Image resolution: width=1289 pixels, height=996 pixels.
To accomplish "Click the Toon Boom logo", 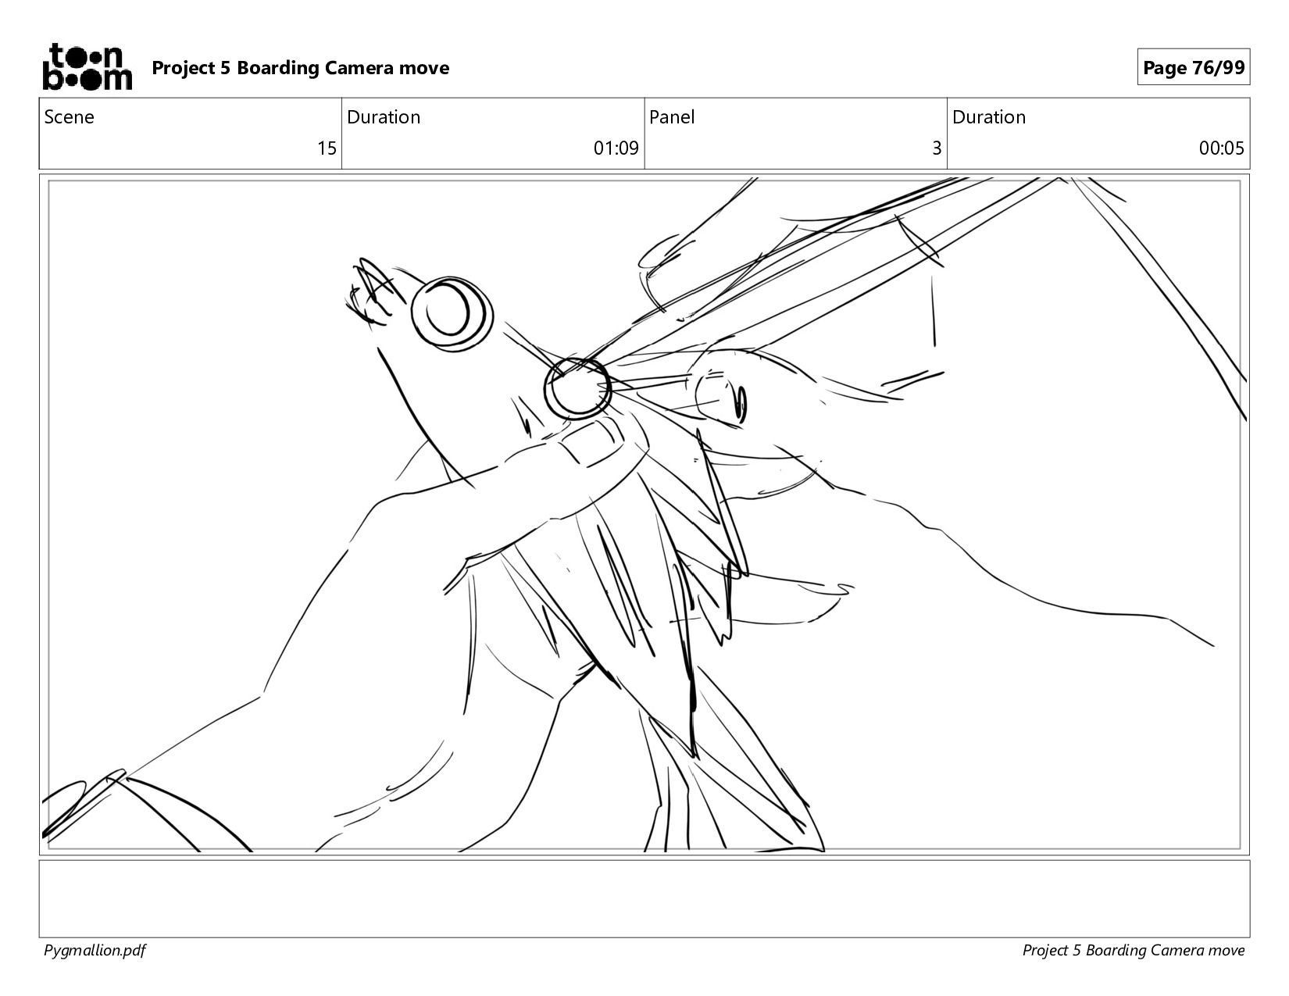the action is click(x=87, y=66).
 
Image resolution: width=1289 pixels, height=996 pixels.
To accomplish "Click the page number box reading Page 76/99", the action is click(x=1194, y=67).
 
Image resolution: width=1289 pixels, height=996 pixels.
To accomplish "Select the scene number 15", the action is click(x=327, y=148).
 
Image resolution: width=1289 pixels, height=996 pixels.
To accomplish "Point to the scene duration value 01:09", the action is click(x=616, y=148).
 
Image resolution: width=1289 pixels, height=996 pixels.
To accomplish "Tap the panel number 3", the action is click(x=937, y=148).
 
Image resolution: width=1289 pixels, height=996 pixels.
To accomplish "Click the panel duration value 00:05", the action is click(x=1221, y=148).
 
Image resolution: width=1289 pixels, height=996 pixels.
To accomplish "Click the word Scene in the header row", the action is click(x=69, y=117).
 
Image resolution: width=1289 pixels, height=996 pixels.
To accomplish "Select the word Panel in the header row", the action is click(x=672, y=117).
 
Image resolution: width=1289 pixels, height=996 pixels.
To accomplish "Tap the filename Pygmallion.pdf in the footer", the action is click(x=95, y=951).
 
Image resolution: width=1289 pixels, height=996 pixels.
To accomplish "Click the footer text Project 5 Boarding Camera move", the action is click(x=1133, y=951).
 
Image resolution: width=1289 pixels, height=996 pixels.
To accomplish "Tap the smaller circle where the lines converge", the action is click(x=577, y=388).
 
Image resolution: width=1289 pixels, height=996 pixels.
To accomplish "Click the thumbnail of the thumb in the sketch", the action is click(x=591, y=443).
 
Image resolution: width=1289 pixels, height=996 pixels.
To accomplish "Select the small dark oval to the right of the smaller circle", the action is click(x=741, y=405).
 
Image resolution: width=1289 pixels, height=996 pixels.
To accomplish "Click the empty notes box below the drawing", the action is click(x=644, y=898).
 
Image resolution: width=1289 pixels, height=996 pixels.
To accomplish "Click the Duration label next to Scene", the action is click(x=384, y=117).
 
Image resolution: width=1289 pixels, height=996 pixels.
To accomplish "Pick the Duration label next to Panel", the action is click(x=989, y=117).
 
